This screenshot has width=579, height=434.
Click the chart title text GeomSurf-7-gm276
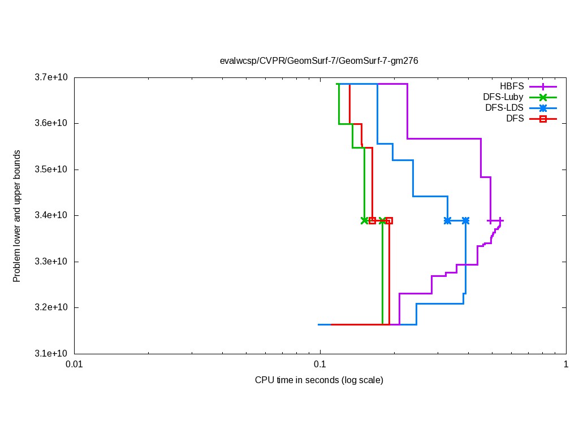click(x=319, y=61)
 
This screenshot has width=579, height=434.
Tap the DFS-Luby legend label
click(x=503, y=97)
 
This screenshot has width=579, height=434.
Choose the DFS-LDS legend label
click(x=504, y=108)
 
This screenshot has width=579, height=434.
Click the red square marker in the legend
click(x=543, y=119)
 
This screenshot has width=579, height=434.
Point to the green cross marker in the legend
click(x=543, y=97)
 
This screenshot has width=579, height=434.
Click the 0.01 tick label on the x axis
click(x=74, y=364)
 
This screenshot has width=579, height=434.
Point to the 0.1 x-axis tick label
click(x=320, y=364)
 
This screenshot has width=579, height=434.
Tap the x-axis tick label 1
click(x=566, y=364)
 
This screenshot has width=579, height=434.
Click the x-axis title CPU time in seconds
click(x=319, y=380)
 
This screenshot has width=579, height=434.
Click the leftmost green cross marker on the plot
click(x=364, y=220)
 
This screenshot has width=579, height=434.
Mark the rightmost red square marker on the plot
click(x=389, y=220)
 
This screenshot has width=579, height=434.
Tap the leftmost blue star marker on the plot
click(x=447, y=220)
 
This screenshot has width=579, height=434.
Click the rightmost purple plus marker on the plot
click(x=500, y=220)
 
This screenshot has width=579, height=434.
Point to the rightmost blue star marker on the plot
click(x=465, y=220)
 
